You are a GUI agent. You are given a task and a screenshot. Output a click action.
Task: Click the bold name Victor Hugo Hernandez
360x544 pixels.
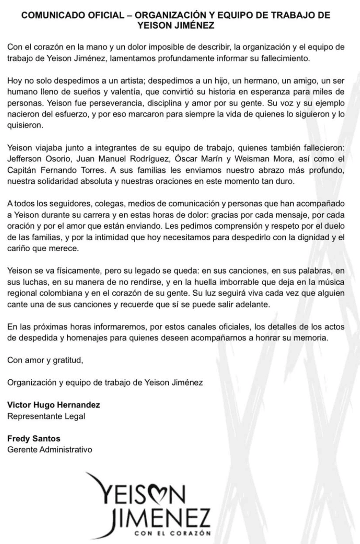coord(54,405)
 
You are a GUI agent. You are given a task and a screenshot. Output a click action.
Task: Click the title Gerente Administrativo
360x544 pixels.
coord(50,449)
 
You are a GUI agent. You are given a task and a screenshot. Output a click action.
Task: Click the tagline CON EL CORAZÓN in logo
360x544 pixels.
coord(173,533)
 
